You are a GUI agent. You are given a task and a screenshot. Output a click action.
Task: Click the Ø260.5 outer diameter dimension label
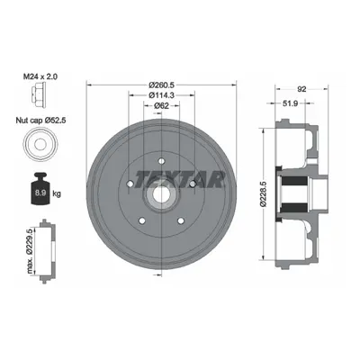point(162,85)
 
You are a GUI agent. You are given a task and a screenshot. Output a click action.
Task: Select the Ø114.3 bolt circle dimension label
point(162,95)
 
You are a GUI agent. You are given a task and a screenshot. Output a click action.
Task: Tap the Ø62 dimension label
point(162,105)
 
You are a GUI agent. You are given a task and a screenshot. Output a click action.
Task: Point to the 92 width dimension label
point(301,89)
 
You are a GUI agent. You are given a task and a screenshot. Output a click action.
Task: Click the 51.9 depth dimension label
point(290,103)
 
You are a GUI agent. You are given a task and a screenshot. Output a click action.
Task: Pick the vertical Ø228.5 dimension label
point(264,193)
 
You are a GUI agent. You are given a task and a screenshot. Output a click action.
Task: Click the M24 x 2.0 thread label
point(40,76)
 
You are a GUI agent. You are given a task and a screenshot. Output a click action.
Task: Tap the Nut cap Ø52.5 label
point(40,121)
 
